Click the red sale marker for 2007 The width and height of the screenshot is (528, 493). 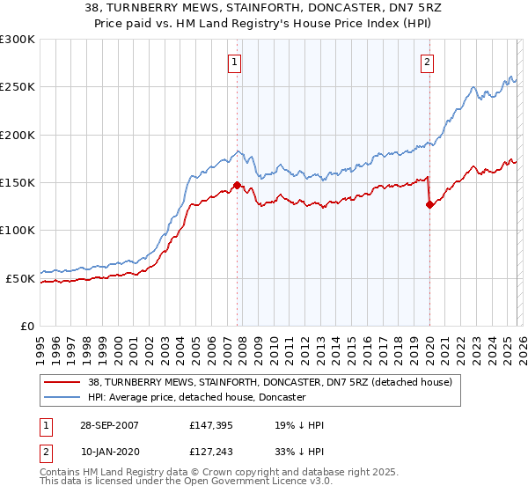pos(237,185)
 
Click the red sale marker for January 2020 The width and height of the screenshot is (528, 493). pos(429,204)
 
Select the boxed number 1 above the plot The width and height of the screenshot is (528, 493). pos(236,62)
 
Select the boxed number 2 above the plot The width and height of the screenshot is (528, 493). pos(427,62)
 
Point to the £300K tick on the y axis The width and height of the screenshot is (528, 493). pos(18,40)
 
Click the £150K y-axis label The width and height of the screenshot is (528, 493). pos(18,182)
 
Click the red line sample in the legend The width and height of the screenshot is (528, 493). pos(62,382)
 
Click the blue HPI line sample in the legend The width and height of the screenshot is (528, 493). pos(62,398)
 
